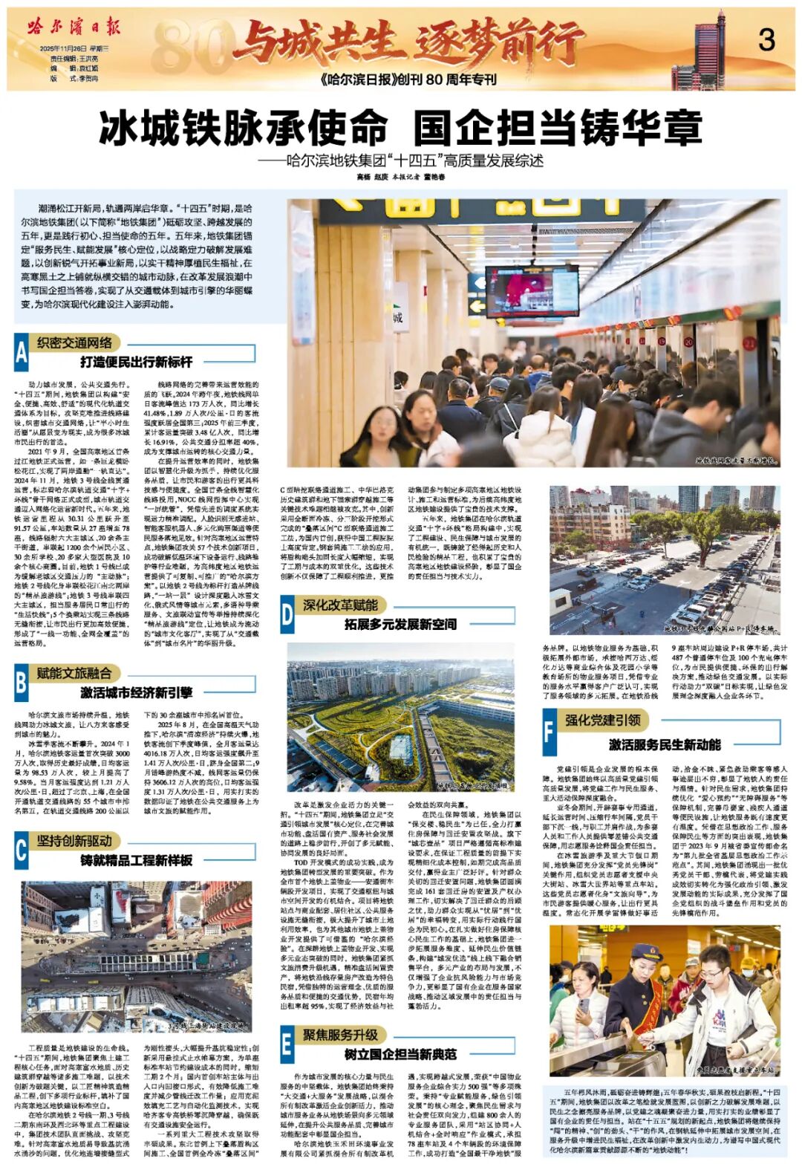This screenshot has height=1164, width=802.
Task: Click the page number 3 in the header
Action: coord(766,39)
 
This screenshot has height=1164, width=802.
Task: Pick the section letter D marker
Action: coord(287,614)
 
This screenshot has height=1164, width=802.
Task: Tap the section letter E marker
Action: coord(287,1044)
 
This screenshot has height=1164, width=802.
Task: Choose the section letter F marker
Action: coord(549,731)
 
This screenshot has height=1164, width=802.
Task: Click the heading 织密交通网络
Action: coord(75,342)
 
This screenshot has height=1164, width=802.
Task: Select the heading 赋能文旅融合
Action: coord(74,673)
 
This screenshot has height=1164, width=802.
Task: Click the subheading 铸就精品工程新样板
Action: coord(136,860)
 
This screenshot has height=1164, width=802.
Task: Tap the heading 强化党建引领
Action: coord(602,720)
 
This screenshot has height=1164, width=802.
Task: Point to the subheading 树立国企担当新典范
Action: coord(400,1054)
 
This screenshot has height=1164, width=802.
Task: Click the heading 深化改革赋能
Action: coord(340,605)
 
